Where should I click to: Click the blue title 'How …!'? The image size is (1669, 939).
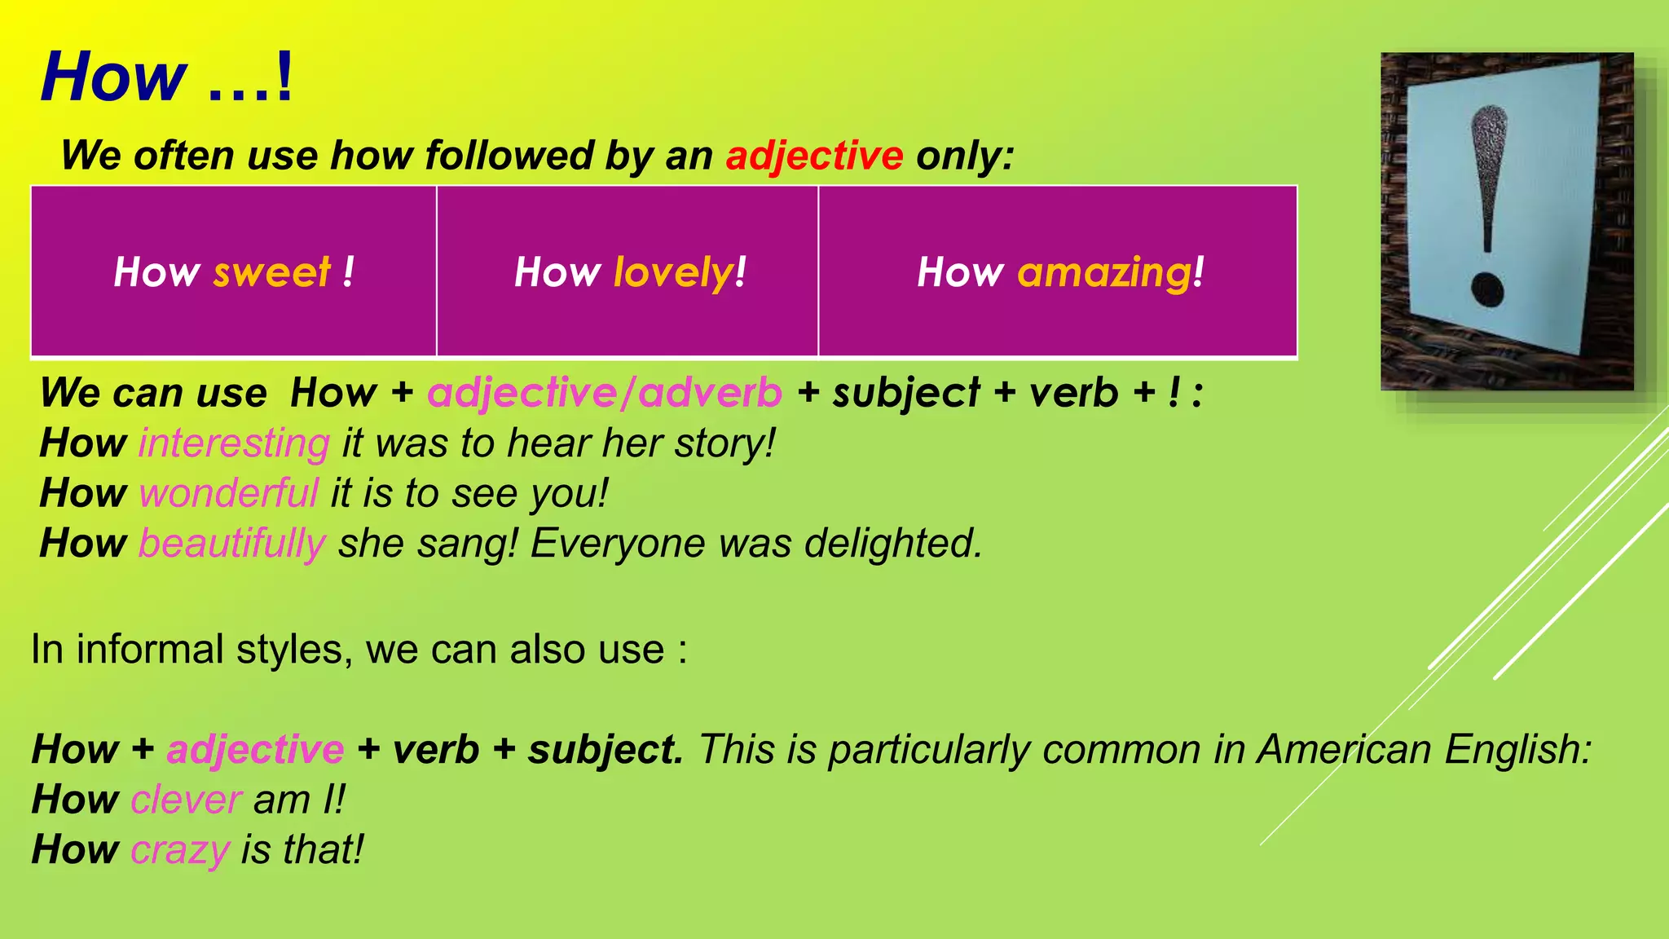click(166, 77)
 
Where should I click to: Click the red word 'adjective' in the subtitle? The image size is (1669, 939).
click(814, 155)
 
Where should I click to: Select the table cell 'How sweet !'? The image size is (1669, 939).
click(234, 271)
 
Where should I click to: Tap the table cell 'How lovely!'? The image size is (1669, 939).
click(629, 271)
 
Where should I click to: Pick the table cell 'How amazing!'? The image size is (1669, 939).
click(1059, 271)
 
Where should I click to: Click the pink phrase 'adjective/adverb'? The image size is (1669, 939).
click(604, 393)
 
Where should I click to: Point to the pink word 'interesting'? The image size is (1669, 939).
click(234, 444)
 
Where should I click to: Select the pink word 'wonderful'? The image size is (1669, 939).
click(228, 494)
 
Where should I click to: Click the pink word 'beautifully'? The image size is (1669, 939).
click(232, 544)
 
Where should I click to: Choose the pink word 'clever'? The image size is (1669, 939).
click(186, 800)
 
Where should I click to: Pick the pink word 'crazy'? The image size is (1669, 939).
click(180, 850)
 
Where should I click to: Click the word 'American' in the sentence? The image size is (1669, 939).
click(1344, 749)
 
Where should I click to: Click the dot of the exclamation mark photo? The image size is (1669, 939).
click(1487, 290)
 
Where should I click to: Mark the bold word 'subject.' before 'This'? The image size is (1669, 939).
click(605, 749)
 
